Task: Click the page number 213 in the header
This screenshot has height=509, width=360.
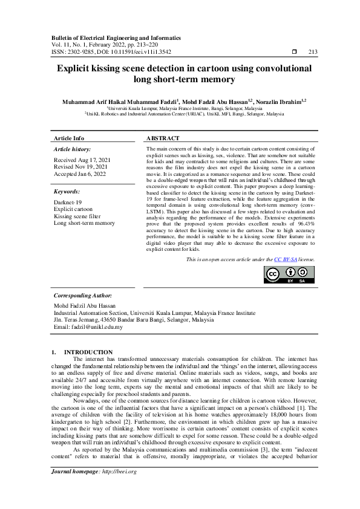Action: click(x=313, y=53)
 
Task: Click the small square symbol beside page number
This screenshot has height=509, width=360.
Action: click(x=295, y=53)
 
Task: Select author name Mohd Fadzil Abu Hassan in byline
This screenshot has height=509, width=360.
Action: click(x=215, y=102)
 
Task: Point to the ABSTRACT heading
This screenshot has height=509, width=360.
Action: click(x=163, y=138)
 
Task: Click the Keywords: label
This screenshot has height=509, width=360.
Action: click(x=67, y=192)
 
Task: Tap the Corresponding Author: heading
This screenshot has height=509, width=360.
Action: click(x=83, y=296)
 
